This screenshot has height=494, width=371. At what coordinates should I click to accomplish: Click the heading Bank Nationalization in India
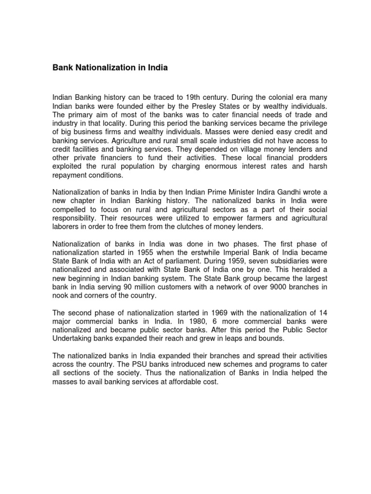(x=110, y=68)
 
